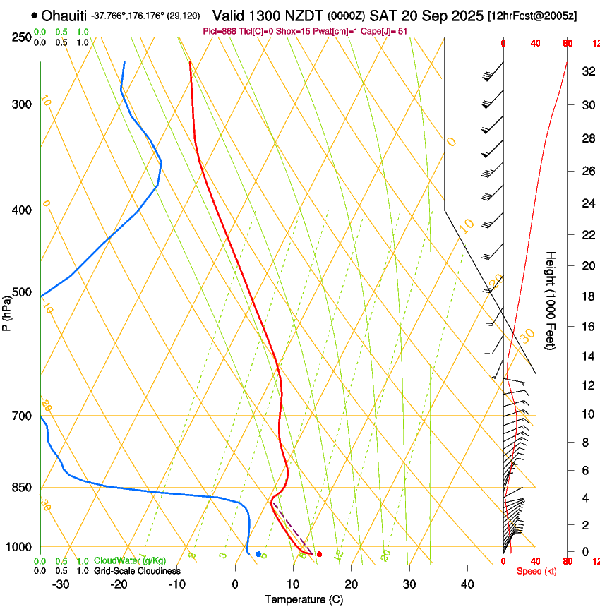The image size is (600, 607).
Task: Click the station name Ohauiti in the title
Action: point(64,16)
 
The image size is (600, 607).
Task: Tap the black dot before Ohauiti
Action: point(34,15)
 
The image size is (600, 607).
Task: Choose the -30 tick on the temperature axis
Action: point(61,584)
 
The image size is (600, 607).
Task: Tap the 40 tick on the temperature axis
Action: point(467,584)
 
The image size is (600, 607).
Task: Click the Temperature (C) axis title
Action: point(304,599)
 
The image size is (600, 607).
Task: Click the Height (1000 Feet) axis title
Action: point(551,300)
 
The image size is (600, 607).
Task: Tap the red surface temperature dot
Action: point(319,554)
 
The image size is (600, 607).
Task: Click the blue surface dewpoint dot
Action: point(258,554)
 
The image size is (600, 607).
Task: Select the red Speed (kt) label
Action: point(536,570)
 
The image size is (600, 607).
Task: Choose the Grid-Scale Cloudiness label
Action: point(137,570)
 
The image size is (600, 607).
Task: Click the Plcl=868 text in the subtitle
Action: point(222,31)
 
